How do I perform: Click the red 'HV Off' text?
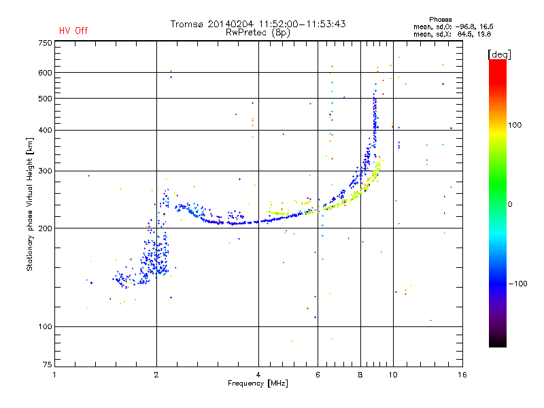click(x=73, y=31)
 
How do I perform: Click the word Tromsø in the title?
click(x=186, y=24)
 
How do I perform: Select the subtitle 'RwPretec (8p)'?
click(x=258, y=32)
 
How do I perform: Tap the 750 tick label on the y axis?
click(x=44, y=43)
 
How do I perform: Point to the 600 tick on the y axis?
click(x=44, y=73)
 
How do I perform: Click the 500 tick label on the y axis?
click(x=44, y=99)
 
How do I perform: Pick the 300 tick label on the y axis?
click(x=44, y=171)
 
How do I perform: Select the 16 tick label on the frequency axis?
click(x=462, y=375)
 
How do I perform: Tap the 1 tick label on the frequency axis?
click(x=54, y=375)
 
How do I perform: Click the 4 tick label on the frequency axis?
click(x=258, y=375)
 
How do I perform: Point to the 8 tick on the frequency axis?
click(x=360, y=375)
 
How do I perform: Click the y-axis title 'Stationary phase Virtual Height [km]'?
click(x=30, y=204)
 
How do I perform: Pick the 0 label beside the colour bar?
click(x=511, y=205)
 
